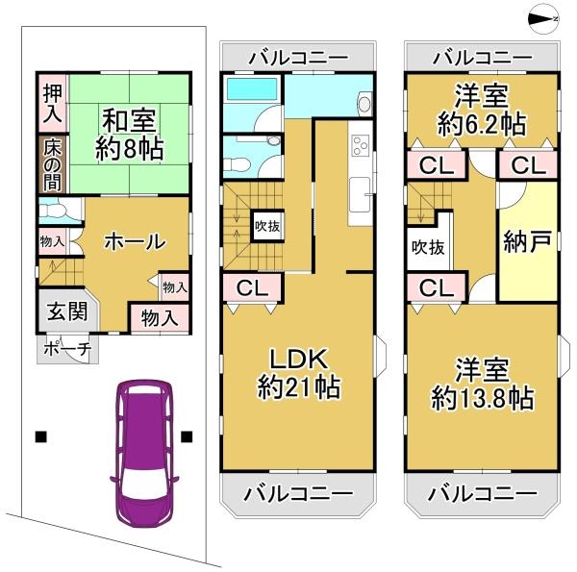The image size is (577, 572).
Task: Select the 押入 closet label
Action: click(x=51, y=103)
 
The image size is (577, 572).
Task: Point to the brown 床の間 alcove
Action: click(x=51, y=162)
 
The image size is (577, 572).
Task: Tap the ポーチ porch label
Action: click(x=65, y=349)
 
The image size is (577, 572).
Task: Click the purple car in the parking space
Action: click(x=143, y=443)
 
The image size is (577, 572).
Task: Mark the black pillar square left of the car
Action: click(x=40, y=435)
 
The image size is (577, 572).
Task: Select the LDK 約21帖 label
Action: click(x=299, y=375)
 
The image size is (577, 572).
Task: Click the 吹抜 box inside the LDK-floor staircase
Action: click(x=266, y=227)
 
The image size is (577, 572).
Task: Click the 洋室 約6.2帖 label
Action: click(x=481, y=110)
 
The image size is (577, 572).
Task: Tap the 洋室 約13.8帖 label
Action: click(x=481, y=383)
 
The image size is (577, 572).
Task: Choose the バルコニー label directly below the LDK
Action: click(x=298, y=494)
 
